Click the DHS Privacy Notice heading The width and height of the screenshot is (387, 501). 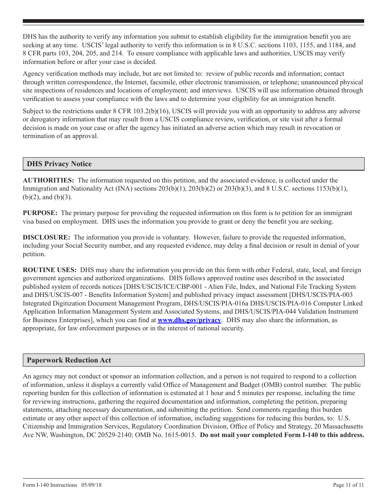(x=59, y=164)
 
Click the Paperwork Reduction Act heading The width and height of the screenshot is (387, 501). (x=69, y=360)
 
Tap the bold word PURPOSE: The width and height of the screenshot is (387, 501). (x=40, y=213)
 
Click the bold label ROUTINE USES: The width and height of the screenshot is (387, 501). (x=50, y=270)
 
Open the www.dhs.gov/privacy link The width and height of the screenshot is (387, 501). (x=189, y=320)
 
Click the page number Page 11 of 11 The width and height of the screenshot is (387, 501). (x=348, y=485)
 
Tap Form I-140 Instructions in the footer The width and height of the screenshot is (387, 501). (x=50, y=485)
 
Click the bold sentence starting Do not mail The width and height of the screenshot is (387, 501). (x=282, y=435)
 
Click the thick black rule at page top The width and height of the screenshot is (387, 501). (x=193, y=21)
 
